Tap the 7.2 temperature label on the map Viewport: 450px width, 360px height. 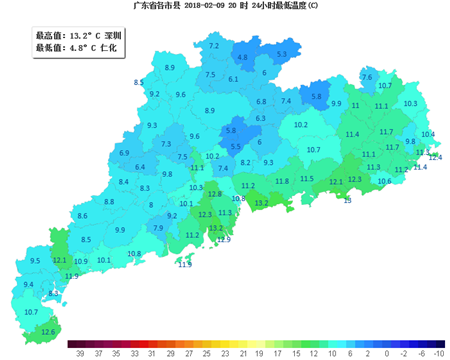click(213, 46)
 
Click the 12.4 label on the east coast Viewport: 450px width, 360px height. click(435, 157)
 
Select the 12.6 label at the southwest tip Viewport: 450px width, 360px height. click(48, 332)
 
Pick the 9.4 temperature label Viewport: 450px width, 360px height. click(28, 285)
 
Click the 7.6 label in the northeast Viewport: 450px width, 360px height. click(366, 77)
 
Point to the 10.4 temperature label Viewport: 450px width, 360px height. click(428, 134)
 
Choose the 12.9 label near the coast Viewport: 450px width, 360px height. click(224, 240)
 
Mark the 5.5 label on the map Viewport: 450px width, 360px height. click(236, 147)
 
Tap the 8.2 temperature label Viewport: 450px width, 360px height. click(247, 161)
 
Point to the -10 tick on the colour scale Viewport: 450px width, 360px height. click(439, 353)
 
